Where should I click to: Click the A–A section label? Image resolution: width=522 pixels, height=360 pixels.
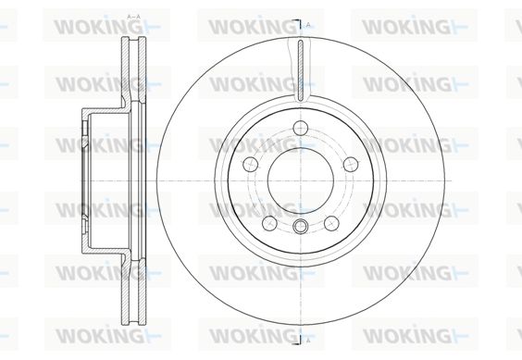coord(134,17)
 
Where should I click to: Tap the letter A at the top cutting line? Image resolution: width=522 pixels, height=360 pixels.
coord(308,25)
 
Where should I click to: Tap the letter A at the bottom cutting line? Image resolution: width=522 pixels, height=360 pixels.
coord(308,340)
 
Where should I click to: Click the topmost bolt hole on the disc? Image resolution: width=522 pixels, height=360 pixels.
coord(301,127)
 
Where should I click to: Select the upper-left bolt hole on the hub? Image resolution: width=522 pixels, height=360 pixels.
coord(251,164)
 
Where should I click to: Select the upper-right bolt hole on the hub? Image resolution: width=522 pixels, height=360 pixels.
coord(351,164)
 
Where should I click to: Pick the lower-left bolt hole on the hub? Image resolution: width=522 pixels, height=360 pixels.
coord(269,223)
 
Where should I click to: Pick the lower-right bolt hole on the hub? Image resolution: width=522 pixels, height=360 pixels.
coord(331,223)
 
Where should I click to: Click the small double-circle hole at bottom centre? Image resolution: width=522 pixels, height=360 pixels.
coord(300,227)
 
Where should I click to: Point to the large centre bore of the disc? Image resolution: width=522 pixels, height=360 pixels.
coord(301,180)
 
